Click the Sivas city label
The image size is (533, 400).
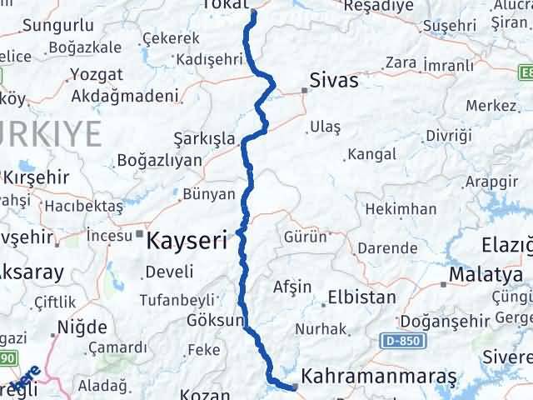[333, 81]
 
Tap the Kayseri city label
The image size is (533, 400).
[187, 242]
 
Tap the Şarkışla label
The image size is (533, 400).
[204, 138]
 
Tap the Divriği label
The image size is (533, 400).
[447, 135]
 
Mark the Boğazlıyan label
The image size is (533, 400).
[160, 159]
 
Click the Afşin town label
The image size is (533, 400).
[291, 287]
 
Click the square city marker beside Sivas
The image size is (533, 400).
[304, 90]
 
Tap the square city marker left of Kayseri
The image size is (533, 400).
[139, 234]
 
